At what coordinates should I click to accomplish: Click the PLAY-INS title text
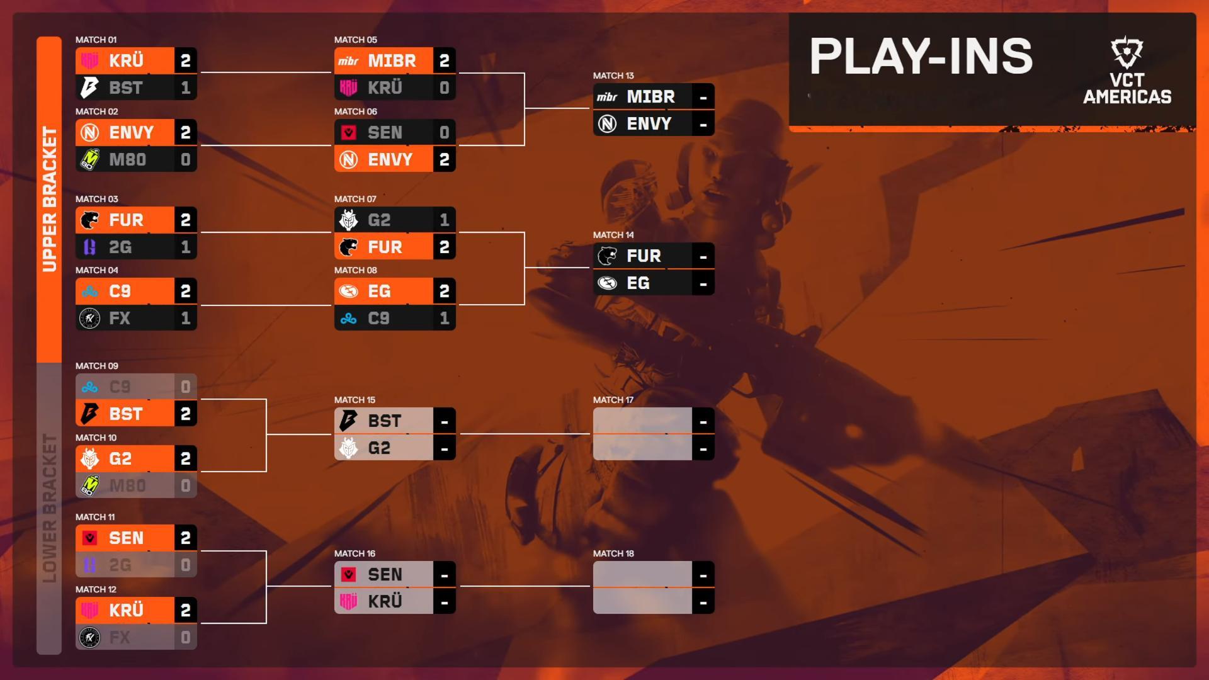click(x=921, y=56)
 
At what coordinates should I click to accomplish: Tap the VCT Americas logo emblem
click(x=1127, y=52)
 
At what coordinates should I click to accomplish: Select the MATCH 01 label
click(x=96, y=40)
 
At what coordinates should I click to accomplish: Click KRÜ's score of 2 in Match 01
click(x=185, y=60)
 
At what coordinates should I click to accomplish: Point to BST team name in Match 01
click(x=126, y=88)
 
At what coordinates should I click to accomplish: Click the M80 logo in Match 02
click(x=89, y=159)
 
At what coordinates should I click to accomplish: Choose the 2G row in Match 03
click(x=136, y=247)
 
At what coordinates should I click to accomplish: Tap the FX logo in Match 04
click(x=89, y=319)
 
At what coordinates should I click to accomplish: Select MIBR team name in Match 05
click(x=392, y=61)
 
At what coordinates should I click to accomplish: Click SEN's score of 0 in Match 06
click(x=444, y=132)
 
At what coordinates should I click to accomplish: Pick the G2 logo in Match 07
click(x=348, y=220)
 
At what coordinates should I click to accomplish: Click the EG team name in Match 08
click(x=379, y=292)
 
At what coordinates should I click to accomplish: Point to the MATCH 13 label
click(x=613, y=76)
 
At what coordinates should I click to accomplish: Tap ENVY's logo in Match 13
click(x=607, y=124)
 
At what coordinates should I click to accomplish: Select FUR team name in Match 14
click(x=644, y=256)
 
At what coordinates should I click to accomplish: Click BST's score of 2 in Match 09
click(x=185, y=414)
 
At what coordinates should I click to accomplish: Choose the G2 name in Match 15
click(x=379, y=448)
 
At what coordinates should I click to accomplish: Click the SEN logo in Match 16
click(x=348, y=574)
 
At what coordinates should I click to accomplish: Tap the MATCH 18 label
click(x=613, y=553)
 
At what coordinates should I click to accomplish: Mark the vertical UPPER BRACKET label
click(x=49, y=199)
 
